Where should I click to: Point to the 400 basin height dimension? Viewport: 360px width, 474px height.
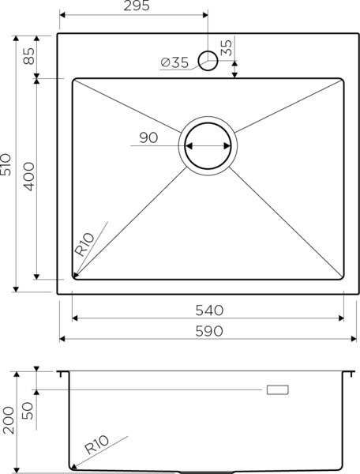[28, 179]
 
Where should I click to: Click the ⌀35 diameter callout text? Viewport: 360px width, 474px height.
[174, 63]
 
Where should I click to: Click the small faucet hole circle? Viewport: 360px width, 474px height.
[208, 59]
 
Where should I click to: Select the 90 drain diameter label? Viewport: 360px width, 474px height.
[148, 137]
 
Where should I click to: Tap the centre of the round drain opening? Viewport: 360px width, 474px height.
[208, 146]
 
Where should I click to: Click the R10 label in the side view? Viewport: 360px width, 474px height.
[96, 448]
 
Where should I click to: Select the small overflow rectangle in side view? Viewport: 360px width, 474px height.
[278, 389]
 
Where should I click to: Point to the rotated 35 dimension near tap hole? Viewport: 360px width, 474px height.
[227, 47]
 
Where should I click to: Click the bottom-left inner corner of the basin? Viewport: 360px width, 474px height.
[73, 278]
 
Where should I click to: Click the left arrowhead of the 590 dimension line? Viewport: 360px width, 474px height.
[62, 339]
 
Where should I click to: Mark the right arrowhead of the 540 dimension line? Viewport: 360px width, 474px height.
[342, 318]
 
